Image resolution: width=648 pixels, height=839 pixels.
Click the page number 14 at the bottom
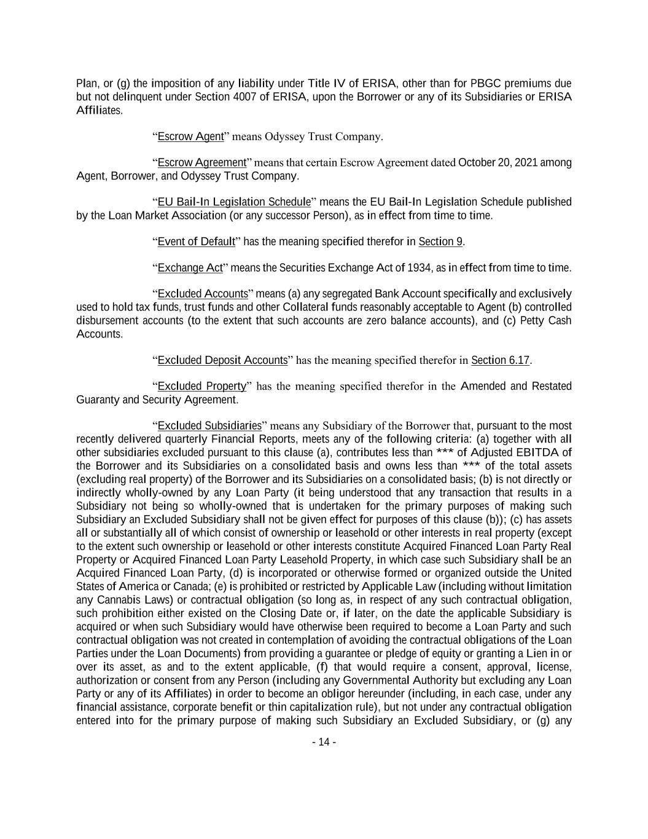(x=324, y=742)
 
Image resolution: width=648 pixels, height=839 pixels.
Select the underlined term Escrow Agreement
(x=201, y=162)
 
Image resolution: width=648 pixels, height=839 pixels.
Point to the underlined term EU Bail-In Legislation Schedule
(x=234, y=202)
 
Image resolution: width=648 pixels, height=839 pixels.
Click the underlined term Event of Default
(x=196, y=241)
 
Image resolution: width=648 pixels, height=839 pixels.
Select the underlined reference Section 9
(x=440, y=241)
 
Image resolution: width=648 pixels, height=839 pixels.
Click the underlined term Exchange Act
(x=190, y=267)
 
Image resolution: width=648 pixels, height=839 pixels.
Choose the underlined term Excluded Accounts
(x=203, y=293)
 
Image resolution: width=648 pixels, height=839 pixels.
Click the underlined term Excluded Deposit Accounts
(x=222, y=360)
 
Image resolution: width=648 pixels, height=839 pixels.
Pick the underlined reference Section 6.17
(x=500, y=360)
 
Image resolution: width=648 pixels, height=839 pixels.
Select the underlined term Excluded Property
(x=201, y=386)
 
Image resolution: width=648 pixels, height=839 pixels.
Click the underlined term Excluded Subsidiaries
(x=209, y=425)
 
